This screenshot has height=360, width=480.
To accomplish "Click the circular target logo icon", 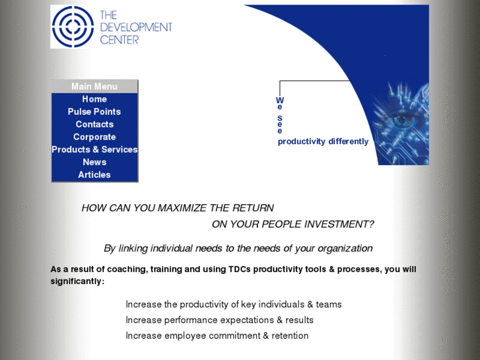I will coord(73,26).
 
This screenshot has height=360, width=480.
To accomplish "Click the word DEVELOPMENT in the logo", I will coord(136,27).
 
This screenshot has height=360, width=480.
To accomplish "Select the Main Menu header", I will coord(94,87).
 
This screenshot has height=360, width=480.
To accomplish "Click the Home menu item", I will coord(94,99).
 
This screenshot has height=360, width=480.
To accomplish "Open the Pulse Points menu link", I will coord(94,112).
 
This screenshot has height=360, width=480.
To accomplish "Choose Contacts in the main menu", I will coord(94,124).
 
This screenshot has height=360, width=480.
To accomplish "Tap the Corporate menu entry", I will coord(94,137).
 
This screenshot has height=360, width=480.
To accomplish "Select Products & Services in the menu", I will coord(94,149).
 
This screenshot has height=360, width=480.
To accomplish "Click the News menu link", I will coord(94,162).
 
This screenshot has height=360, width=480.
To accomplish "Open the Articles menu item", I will coord(94,174).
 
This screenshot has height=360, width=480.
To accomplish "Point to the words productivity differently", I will coord(323,141).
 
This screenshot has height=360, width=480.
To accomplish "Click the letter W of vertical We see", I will coord(280,100).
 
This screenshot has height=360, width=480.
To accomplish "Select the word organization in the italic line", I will coord(342,248).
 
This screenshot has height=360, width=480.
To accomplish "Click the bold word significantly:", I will coord(77,281).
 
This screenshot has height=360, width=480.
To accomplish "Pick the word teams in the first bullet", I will coord(329,305).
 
